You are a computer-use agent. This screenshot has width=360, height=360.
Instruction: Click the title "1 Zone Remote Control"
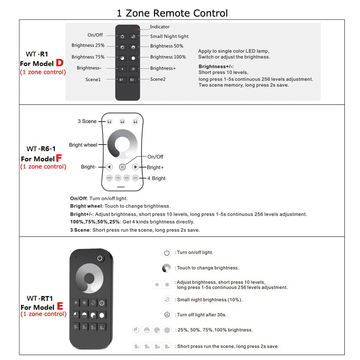pyautogui.click(x=172, y=13)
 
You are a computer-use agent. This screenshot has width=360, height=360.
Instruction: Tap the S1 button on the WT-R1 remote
pyautogui.click(x=122, y=80)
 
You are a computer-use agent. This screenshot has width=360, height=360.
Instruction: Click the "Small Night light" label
pyautogui.click(x=169, y=36)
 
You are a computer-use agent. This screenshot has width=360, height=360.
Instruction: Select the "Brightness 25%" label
pyautogui.click(x=88, y=46)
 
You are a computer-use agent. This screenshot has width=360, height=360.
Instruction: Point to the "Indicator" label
pyautogui.click(x=159, y=27)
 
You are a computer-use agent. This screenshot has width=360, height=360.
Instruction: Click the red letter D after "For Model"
pyautogui.click(x=59, y=63)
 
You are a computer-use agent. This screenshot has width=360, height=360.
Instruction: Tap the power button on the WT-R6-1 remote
pyautogui.click(x=122, y=167)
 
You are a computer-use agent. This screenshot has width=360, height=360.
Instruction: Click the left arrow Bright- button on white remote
pyautogui.click(x=109, y=167)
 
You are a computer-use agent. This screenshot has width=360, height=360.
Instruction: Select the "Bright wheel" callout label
pyautogui.click(x=83, y=145)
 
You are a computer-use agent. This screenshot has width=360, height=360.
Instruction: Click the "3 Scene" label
pyautogui.click(x=87, y=121)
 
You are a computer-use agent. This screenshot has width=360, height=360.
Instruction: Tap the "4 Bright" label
pyautogui.click(x=156, y=178)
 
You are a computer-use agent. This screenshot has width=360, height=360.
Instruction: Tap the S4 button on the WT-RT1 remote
pyautogui.click(x=102, y=327)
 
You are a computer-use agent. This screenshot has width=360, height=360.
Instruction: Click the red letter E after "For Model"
pyautogui.click(x=60, y=306)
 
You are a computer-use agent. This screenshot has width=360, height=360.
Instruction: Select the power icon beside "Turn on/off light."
pyautogui.click(x=167, y=253)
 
